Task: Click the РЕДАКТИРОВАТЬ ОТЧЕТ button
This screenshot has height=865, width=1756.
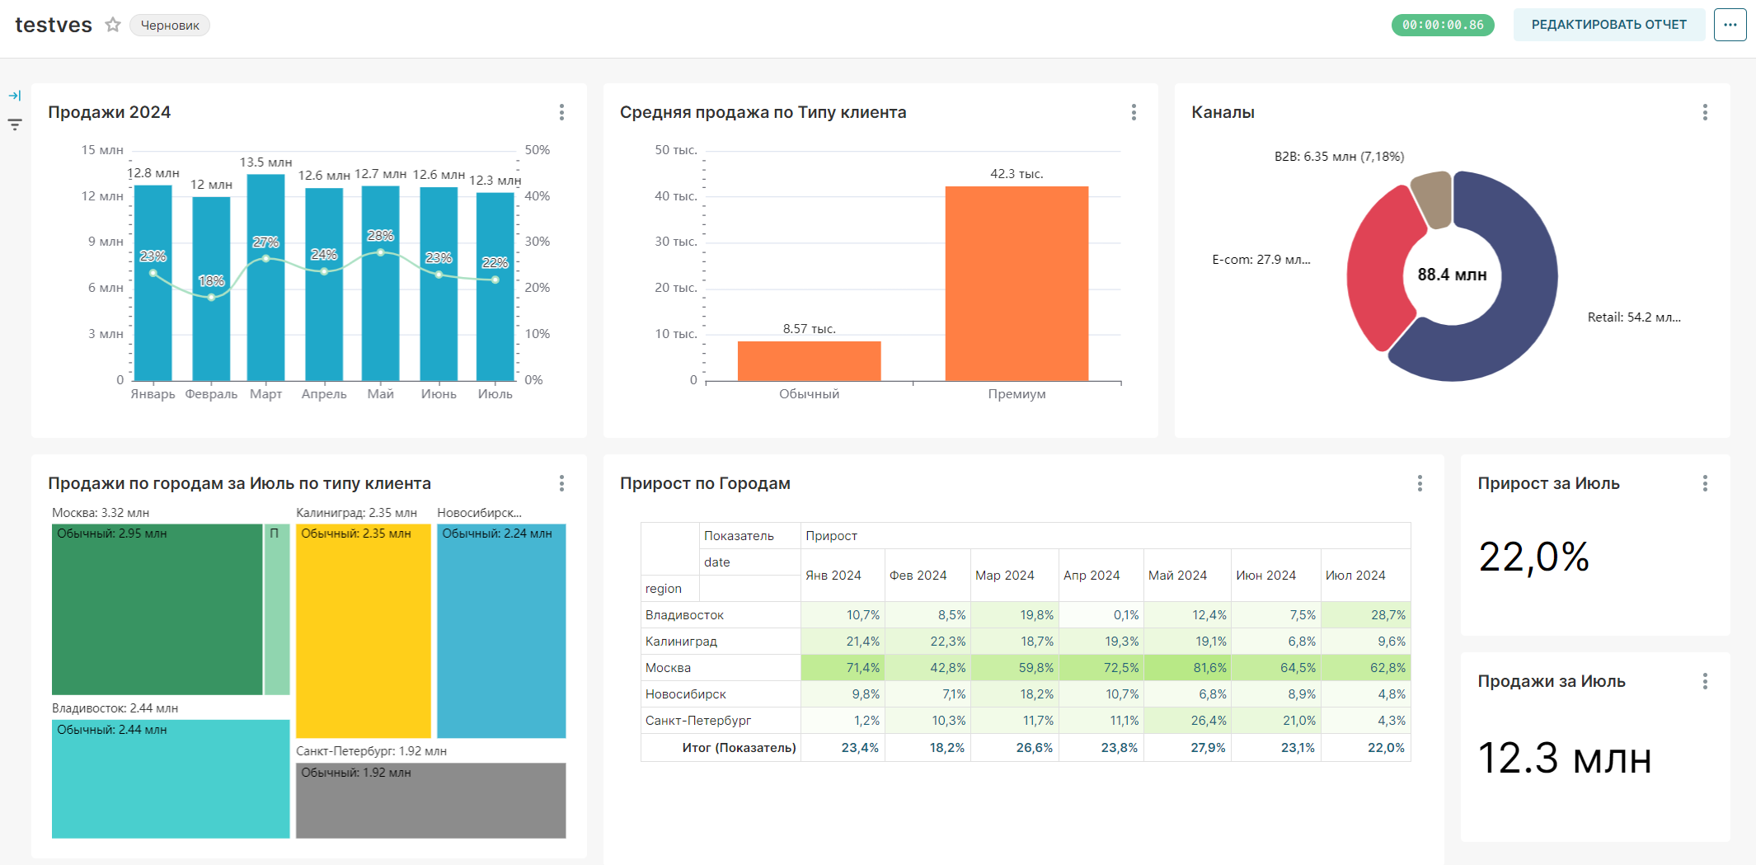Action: (1608, 25)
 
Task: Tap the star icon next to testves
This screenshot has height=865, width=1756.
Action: (113, 25)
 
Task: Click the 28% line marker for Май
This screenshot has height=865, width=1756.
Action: (380, 252)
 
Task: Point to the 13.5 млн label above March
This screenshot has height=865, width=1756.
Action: (265, 162)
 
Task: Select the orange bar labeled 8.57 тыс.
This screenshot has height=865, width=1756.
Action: (809, 360)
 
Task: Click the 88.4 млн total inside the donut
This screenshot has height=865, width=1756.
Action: (1452, 275)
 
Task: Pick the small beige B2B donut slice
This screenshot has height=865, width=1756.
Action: (1433, 198)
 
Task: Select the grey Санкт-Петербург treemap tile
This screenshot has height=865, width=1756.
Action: (430, 801)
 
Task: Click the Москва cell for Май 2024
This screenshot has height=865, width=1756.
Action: (1188, 668)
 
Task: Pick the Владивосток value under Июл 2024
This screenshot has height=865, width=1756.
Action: (1366, 615)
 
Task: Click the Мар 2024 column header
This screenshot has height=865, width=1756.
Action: (1004, 576)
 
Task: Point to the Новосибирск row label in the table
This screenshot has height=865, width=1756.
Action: (686, 694)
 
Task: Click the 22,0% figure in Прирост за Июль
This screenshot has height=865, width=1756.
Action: (1533, 557)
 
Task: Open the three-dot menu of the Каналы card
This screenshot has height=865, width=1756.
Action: (1705, 112)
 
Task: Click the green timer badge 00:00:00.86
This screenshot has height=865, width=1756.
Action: (1443, 25)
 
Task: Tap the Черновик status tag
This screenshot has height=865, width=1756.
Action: (170, 26)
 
